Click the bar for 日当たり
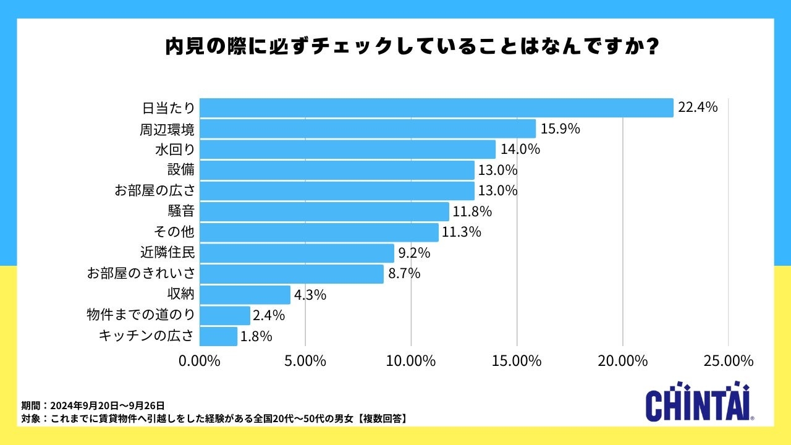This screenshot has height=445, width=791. (x=436, y=108)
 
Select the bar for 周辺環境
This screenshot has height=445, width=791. (x=368, y=129)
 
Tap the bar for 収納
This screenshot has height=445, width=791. (x=245, y=295)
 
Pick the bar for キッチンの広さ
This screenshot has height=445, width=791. (x=219, y=336)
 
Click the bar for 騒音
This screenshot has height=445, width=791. (x=324, y=211)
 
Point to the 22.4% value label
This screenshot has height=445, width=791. (x=698, y=108)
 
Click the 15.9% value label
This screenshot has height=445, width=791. (x=560, y=129)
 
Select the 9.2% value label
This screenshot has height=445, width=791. (x=414, y=253)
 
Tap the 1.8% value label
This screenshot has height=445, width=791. (x=256, y=336)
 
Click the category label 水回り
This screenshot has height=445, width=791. (x=175, y=150)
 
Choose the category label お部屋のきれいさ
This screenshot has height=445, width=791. (x=142, y=274)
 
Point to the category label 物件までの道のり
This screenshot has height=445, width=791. (x=142, y=315)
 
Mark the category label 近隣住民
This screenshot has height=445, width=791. (x=167, y=253)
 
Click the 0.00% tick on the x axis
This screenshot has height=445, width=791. (x=200, y=361)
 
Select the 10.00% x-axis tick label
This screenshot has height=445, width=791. (x=412, y=361)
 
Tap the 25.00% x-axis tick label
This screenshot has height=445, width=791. (x=728, y=361)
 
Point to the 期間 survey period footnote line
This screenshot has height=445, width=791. (x=93, y=405)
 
